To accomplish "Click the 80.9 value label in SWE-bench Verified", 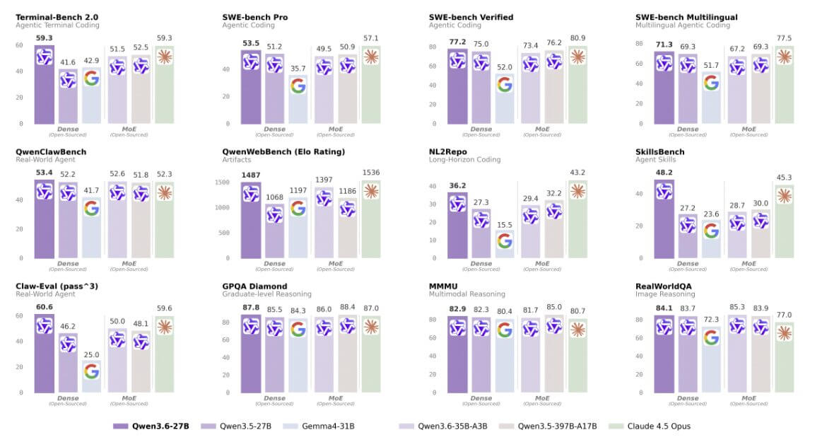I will tap(577, 37).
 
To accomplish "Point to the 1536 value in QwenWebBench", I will tap(370, 172).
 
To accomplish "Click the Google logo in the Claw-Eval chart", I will tap(91, 371).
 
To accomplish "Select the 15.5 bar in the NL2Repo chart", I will tap(504, 244).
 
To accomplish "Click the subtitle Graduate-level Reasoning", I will tap(266, 294).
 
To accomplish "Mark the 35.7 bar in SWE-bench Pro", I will tap(298, 99).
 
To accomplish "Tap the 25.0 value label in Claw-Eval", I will tap(91, 354).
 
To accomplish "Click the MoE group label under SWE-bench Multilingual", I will tap(749, 129).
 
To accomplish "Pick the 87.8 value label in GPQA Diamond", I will tap(252, 307).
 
